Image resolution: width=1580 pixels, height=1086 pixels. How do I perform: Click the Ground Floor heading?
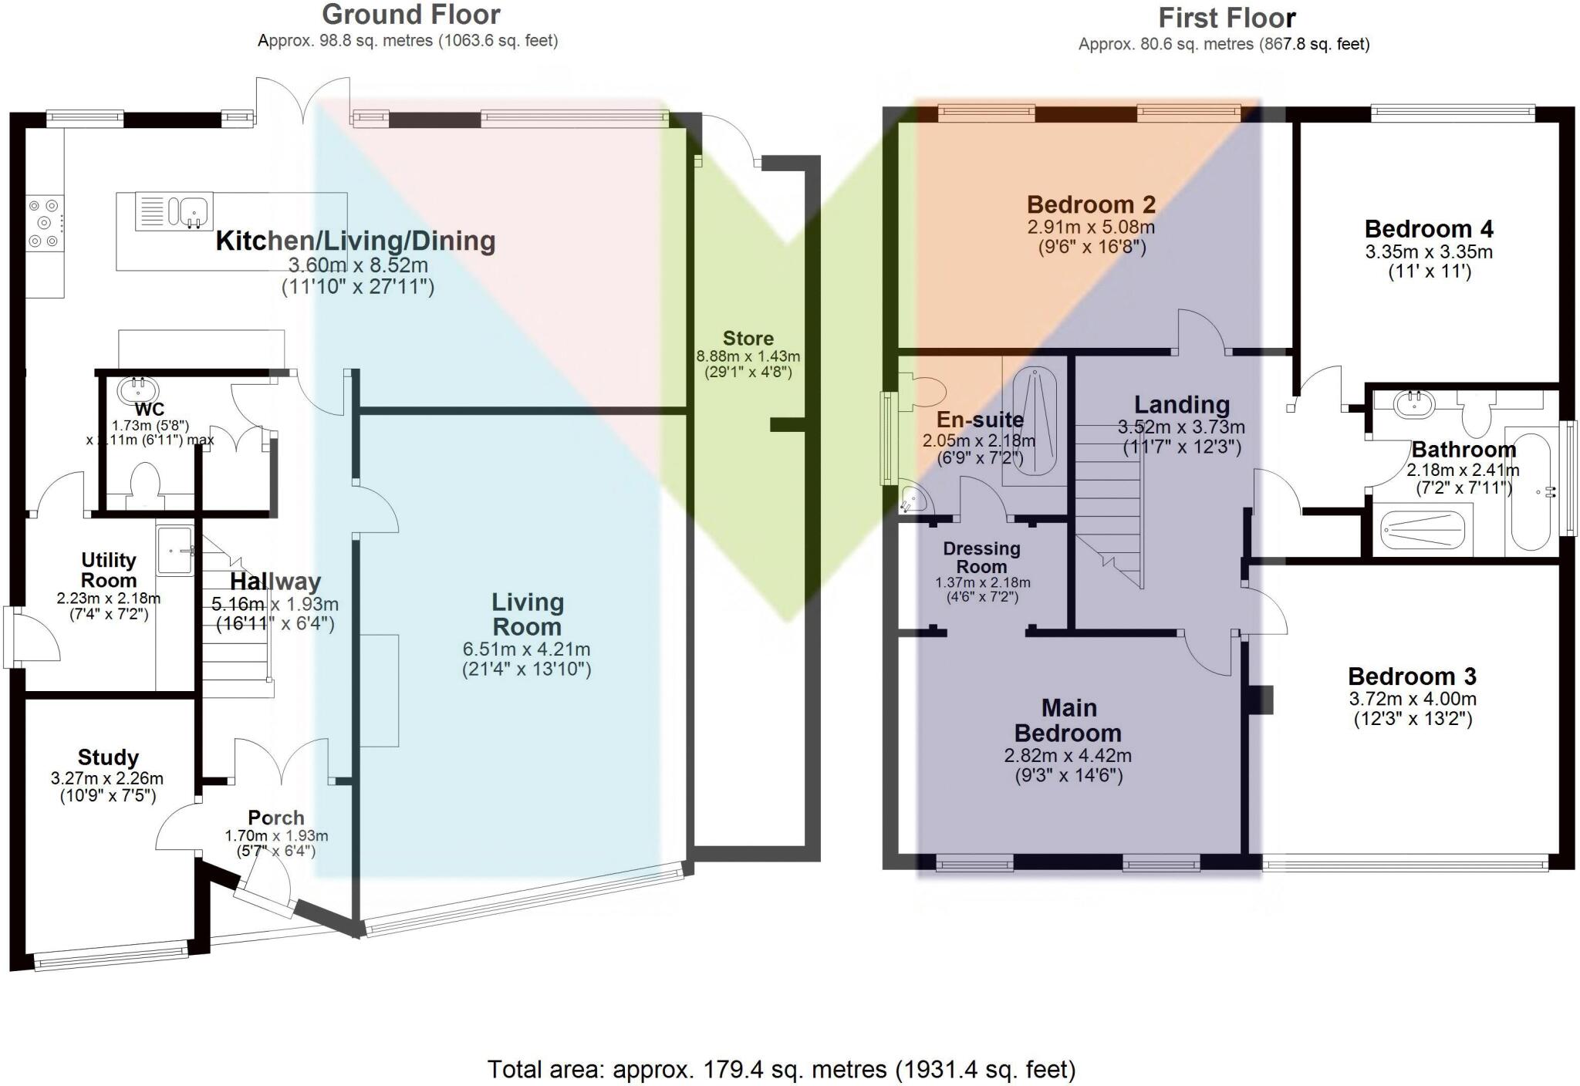click(410, 15)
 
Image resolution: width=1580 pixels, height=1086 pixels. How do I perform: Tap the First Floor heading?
click(1227, 18)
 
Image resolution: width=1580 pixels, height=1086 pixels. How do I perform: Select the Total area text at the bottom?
click(781, 1069)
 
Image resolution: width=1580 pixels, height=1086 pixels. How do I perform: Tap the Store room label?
click(748, 339)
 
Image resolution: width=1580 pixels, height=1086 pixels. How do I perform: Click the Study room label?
click(108, 757)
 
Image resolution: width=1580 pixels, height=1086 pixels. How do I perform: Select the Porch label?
click(275, 818)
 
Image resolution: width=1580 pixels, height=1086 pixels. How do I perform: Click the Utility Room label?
click(109, 570)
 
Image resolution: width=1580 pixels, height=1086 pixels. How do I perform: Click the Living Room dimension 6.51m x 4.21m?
click(526, 650)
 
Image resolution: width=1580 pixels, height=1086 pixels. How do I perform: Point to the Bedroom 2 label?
click(1091, 204)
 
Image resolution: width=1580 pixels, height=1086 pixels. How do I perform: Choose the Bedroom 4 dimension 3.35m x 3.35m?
click(1429, 252)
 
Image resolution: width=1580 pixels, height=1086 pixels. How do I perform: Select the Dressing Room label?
click(981, 557)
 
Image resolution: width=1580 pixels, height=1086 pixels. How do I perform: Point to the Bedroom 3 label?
click(1412, 676)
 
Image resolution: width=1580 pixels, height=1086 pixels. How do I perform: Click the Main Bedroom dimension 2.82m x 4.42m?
click(1068, 756)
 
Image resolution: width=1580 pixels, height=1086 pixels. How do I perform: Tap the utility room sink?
click(175, 550)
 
